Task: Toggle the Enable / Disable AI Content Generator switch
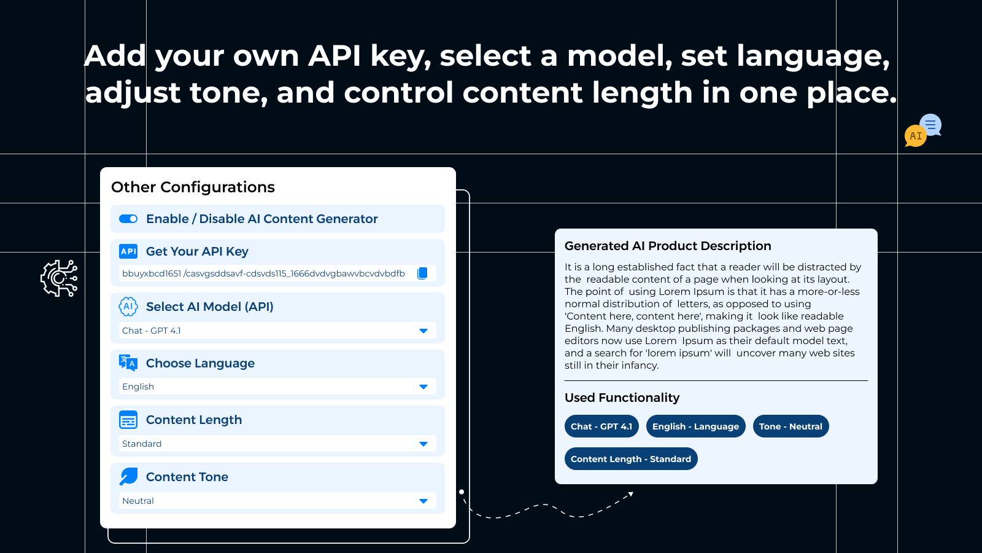128,219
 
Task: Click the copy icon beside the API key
422,273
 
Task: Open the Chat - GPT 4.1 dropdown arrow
423,331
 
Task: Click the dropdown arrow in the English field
423,386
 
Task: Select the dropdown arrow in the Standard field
423,444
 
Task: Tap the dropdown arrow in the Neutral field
423,501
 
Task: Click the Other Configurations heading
193,187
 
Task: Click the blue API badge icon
128,251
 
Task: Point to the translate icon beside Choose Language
128,363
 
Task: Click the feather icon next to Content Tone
128,476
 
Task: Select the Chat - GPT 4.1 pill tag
601,426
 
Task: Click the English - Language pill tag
695,426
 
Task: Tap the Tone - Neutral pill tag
791,426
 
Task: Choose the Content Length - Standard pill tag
630,459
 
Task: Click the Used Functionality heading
622,398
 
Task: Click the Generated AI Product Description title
668,246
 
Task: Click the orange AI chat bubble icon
915,136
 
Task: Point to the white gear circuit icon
59,278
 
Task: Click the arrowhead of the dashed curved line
630,494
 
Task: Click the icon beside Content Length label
128,420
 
